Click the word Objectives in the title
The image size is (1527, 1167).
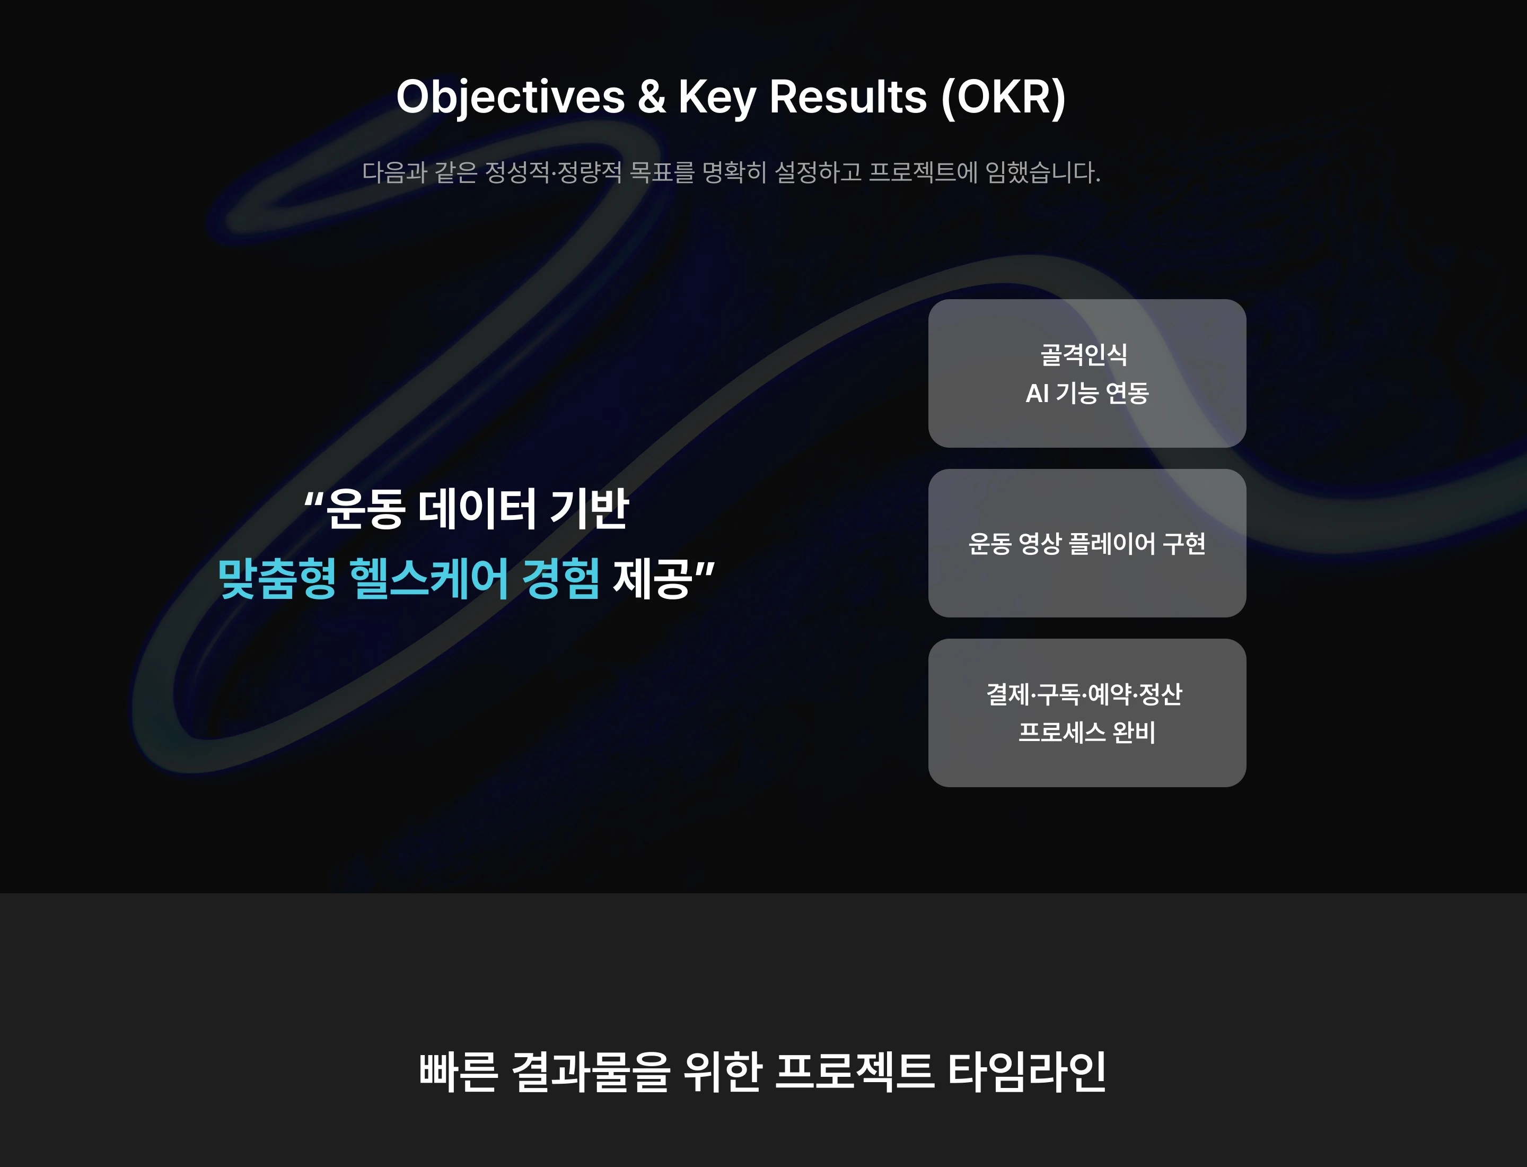click(511, 97)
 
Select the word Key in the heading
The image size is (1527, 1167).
click(717, 97)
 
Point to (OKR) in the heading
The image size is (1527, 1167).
click(1003, 97)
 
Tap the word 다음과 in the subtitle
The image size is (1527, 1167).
click(394, 171)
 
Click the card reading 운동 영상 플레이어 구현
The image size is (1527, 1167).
click(1087, 543)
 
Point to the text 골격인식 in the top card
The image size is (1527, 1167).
click(1084, 355)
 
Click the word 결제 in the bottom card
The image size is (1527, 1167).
click(1008, 694)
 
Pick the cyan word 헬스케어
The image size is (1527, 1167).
click(428, 579)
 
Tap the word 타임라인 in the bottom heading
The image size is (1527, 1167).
click(1027, 1072)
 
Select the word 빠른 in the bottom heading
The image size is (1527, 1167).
click(458, 1072)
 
